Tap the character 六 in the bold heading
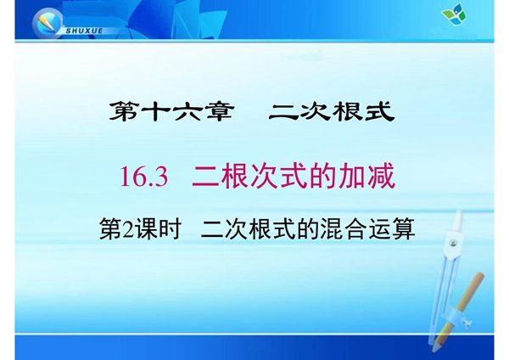point(185,111)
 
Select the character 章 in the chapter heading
point(217,111)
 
